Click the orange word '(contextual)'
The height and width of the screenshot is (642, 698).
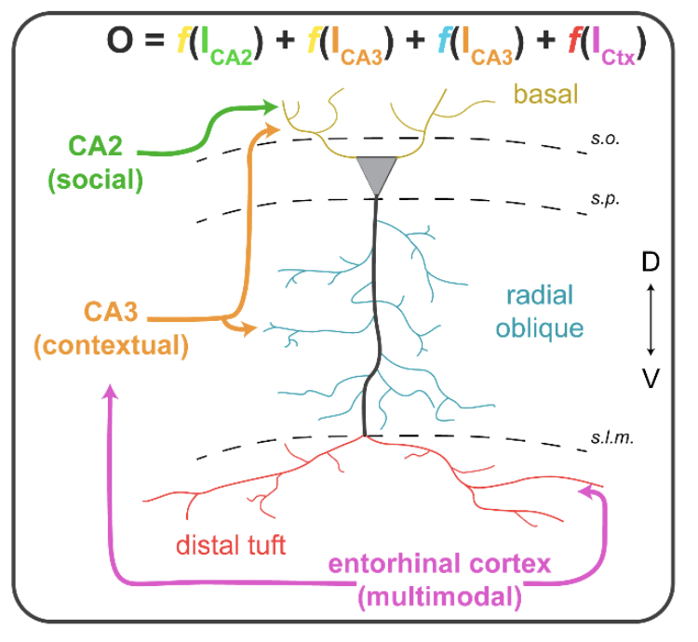click(x=111, y=346)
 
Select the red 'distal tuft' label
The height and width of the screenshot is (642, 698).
click(x=231, y=544)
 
